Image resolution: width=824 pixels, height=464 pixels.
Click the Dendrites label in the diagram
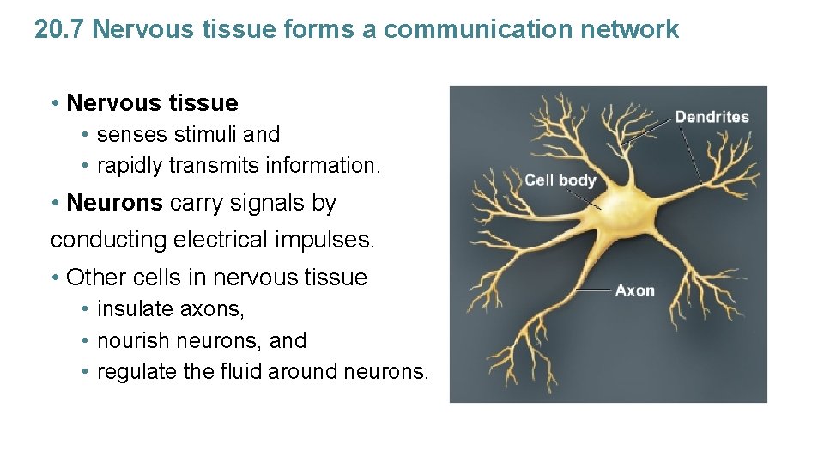point(712,117)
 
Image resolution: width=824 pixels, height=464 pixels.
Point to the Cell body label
point(560,180)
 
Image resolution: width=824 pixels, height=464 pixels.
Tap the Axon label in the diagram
point(634,290)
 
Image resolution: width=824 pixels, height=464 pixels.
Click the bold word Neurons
point(114,203)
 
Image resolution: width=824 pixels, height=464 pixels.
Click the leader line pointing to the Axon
point(592,290)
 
